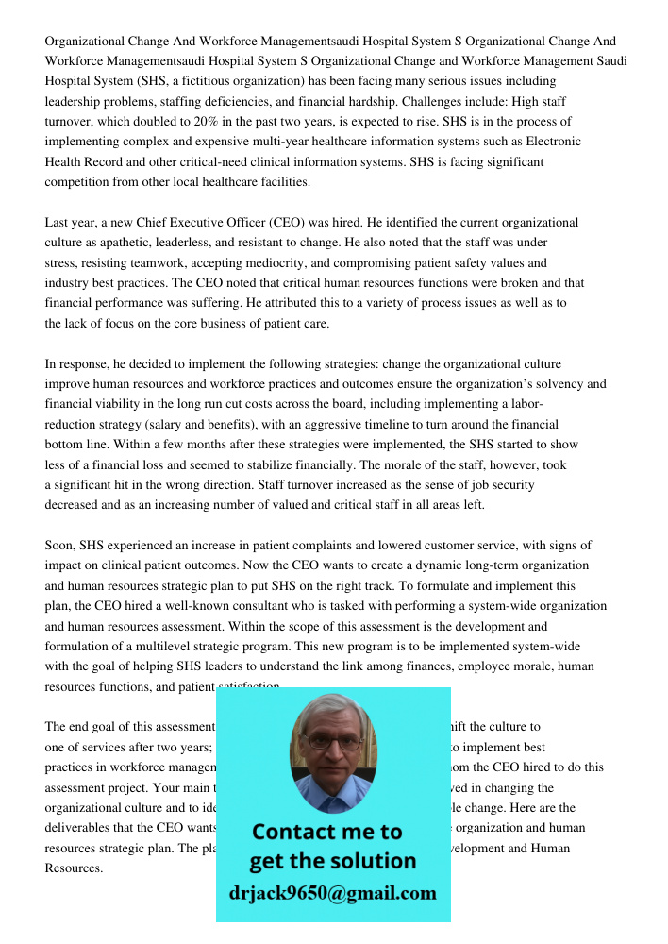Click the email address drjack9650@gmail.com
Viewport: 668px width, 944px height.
[333, 892]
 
